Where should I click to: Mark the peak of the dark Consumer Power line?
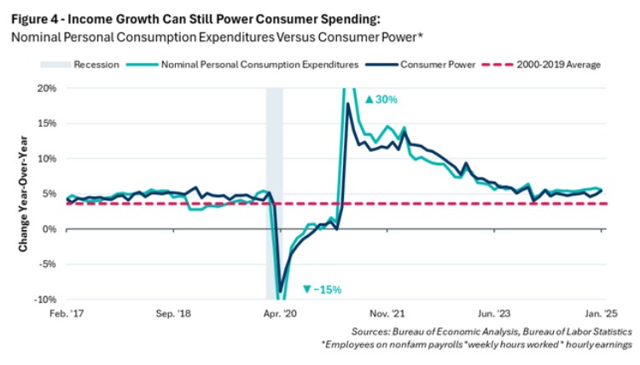tap(348, 104)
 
